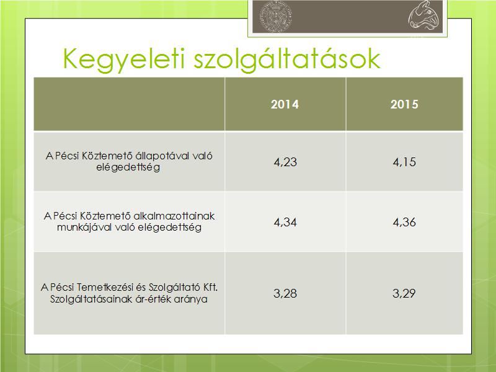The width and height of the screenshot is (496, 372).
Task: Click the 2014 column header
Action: click(285, 104)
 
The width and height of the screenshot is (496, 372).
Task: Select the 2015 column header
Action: click(404, 104)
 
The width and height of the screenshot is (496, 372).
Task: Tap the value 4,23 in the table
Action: click(285, 162)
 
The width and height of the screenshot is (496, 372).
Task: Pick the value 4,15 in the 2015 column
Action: click(404, 162)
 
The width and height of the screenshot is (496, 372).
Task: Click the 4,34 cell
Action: click(285, 222)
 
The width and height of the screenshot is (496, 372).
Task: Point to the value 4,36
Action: click(404, 222)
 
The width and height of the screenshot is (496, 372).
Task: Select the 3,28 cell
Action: click(285, 293)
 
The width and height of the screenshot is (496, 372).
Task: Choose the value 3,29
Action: click(404, 293)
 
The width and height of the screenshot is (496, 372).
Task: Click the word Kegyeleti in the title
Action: click(123, 59)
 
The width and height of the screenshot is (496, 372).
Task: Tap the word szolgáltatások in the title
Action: click(287, 59)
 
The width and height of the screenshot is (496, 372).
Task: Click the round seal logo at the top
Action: click(275, 16)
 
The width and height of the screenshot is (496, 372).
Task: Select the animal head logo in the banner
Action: click(423, 15)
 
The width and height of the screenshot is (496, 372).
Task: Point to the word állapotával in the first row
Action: click(162, 156)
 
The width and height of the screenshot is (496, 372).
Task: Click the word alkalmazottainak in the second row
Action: click(174, 216)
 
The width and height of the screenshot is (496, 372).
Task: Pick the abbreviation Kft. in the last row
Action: click(210, 287)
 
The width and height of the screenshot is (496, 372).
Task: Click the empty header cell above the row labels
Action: click(129, 104)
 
